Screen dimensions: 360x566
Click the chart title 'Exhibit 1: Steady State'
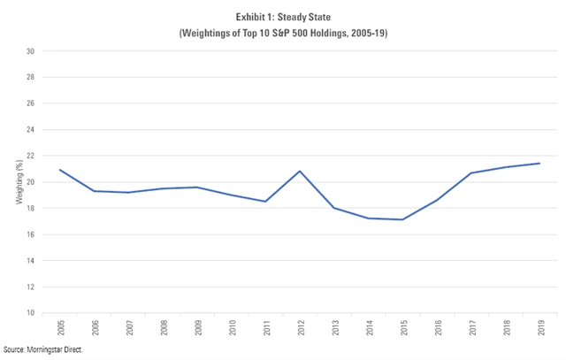(282, 18)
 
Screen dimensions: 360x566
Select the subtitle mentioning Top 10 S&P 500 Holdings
(282, 34)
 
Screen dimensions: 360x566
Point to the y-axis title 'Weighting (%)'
(19, 183)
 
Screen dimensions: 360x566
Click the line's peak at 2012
(302, 171)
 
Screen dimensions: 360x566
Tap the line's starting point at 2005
(60, 170)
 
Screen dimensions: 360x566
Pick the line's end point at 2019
(539, 163)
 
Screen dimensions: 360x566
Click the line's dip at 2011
(266, 202)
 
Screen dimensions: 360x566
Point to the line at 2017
(471, 172)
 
